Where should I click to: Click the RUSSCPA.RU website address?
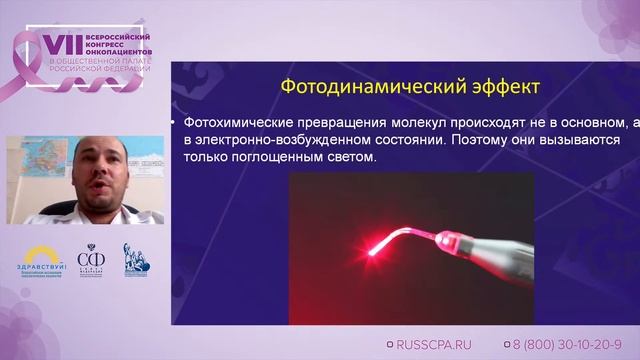click(x=436, y=343)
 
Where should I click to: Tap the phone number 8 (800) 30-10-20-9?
click(x=565, y=343)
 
